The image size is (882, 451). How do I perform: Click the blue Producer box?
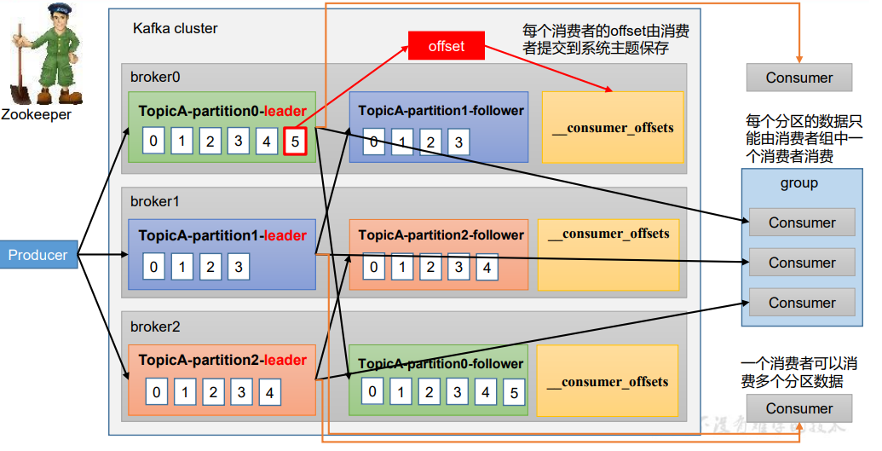tap(38, 255)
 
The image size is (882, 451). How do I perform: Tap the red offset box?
tap(447, 46)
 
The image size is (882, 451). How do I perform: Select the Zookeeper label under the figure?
tap(36, 114)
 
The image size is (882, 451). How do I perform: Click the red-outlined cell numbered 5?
tap(295, 141)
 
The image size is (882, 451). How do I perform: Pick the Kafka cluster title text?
tap(175, 28)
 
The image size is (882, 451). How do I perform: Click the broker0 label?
tap(155, 77)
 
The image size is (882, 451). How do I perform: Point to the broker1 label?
tap(155, 202)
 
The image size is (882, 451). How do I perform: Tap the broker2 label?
tap(155, 327)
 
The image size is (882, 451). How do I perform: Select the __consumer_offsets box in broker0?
tap(612, 128)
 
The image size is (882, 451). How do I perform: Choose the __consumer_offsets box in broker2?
tap(607, 382)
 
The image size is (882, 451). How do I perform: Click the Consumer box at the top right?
tap(798, 78)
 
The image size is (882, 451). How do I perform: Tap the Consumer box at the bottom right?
tap(798, 408)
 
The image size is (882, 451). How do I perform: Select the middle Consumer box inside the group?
tap(802, 263)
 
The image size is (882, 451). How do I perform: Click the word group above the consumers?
tap(798, 182)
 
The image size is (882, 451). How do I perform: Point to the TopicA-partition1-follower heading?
tap(441, 111)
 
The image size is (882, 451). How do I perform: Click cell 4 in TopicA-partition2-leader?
tap(269, 392)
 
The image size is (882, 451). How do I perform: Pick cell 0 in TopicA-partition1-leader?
tap(153, 267)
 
